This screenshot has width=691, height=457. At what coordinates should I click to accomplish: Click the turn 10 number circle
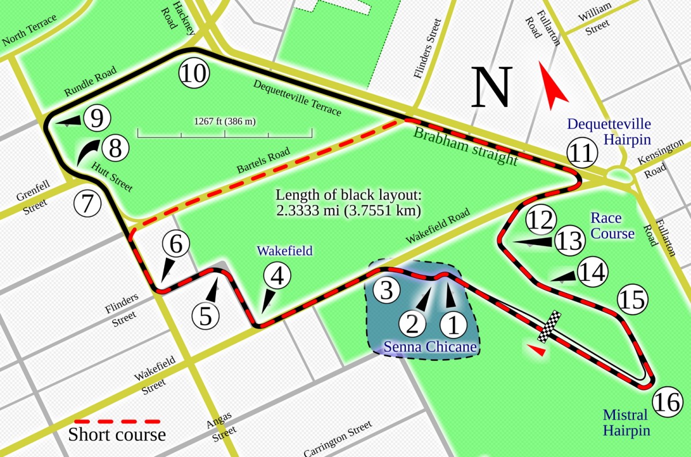[x=194, y=74]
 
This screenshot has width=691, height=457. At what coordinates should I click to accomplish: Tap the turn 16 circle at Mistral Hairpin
[x=668, y=402]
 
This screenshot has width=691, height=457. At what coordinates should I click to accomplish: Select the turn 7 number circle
[x=87, y=203]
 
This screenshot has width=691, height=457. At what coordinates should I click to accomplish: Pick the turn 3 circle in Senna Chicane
[x=386, y=290]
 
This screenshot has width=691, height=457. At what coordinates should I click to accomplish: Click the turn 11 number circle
[x=582, y=153]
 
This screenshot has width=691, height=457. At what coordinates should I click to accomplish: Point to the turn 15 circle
[x=632, y=299]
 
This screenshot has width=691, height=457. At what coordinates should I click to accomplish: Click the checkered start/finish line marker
[x=549, y=326]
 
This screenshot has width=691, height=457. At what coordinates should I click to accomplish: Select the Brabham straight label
[x=466, y=146]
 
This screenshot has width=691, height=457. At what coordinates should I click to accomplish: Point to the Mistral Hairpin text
[x=625, y=422]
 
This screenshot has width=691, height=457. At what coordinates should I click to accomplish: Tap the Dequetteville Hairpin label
[x=609, y=131]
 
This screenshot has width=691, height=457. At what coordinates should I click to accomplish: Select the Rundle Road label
[x=90, y=82]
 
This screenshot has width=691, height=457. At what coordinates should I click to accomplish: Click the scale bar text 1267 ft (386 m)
[x=225, y=121]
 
